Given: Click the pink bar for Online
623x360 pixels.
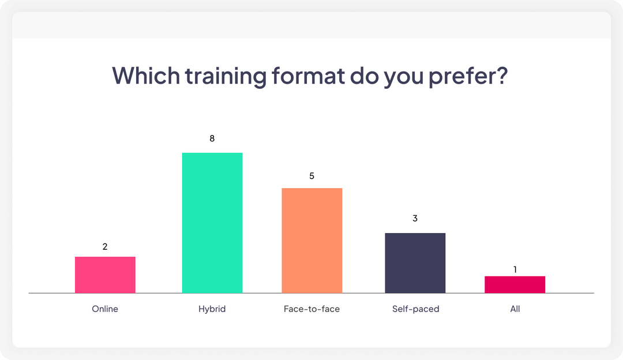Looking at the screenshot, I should click(105, 275).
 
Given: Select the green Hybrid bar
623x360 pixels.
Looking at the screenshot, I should click(212, 223).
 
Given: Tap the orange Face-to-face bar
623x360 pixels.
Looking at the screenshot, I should click(311, 240).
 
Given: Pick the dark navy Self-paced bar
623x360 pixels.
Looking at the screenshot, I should click(415, 262).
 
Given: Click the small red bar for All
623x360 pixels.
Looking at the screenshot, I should click(515, 284).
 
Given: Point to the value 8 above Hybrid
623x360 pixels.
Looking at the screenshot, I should click(212, 138).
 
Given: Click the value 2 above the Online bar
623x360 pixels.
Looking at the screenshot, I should click(105, 246).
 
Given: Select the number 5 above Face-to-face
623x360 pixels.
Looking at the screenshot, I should click(311, 175).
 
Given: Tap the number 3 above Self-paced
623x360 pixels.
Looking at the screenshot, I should click(415, 219).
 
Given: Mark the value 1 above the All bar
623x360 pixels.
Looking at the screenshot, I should click(515, 269).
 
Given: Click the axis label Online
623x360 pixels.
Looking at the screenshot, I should click(105, 309).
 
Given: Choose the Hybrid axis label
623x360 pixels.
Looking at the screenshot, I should click(212, 309).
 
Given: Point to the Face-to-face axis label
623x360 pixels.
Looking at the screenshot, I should click(311, 309).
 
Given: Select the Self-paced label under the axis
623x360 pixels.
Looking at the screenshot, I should click(415, 309).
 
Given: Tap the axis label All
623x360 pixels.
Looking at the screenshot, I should click(515, 309).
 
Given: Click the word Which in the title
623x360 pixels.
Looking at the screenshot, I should click(145, 76).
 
